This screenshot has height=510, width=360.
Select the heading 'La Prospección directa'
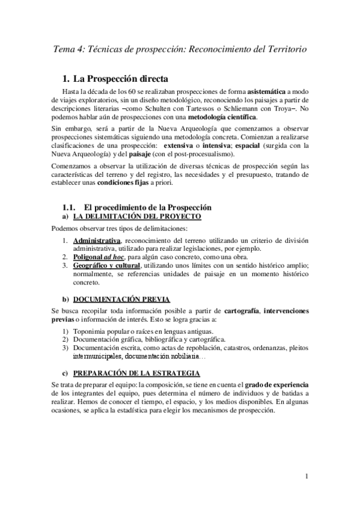pyautogui.click(x=120, y=78)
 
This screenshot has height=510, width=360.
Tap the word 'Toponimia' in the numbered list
pyautogui.click(x=92, y=331)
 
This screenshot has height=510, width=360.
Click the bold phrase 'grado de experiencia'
pyautogui.click(x=276, y=386)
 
